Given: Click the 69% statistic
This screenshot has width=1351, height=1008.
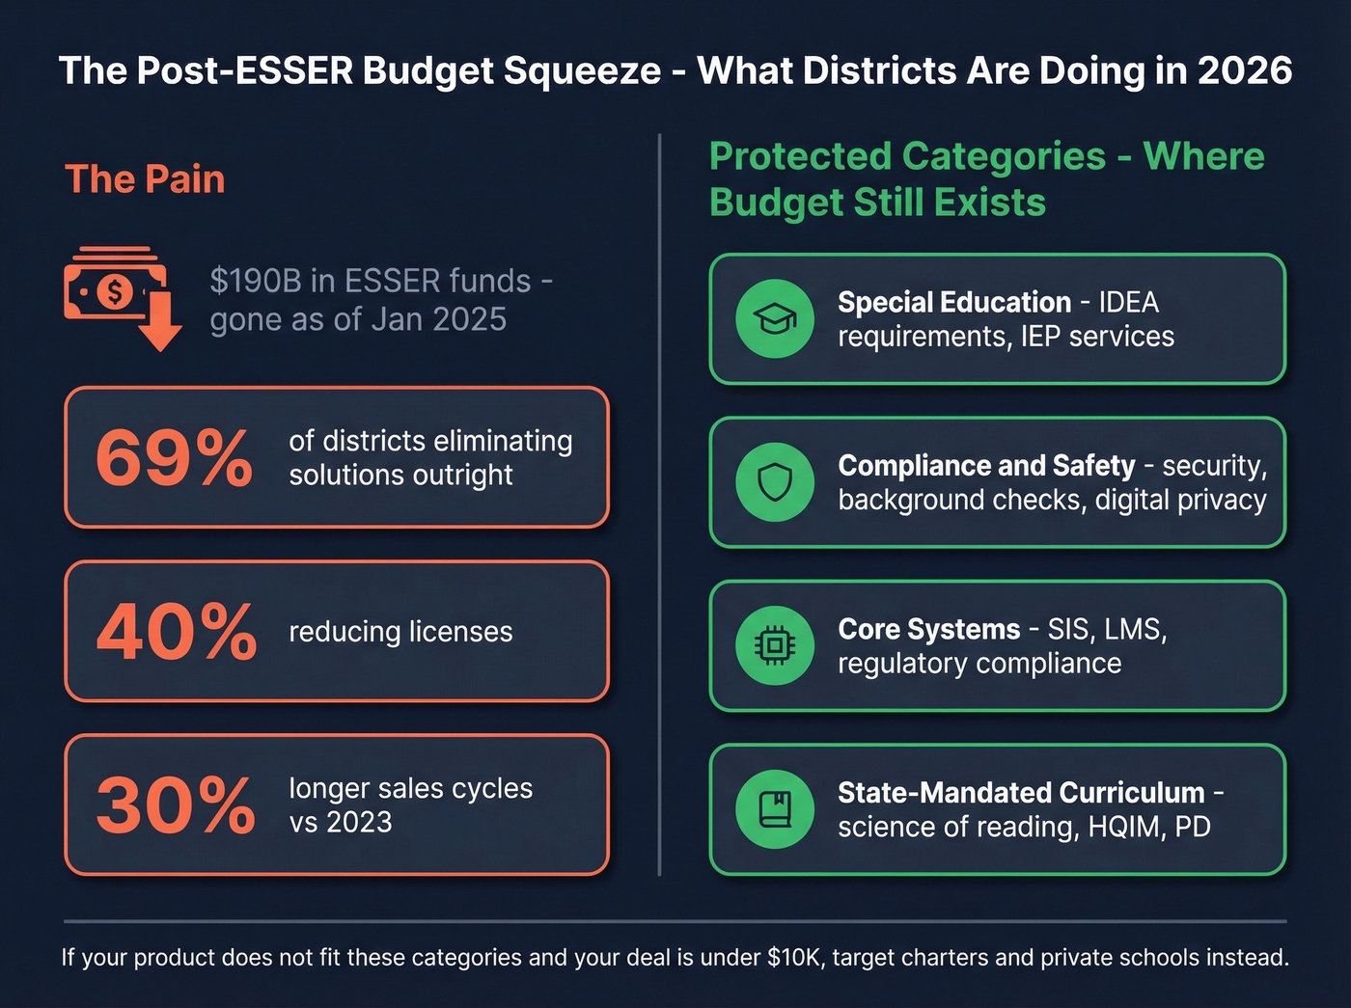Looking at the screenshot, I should (x=175, y=457).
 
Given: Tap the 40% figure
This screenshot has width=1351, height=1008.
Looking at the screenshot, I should (x=177, y=632).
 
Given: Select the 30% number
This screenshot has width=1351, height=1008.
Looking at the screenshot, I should (x=176, y=805).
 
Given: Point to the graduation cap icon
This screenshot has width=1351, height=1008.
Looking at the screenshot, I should (x=774, y=319).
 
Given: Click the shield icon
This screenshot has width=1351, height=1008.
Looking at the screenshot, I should (x=774, y=482).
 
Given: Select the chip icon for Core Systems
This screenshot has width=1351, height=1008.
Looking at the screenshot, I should (x=774, y=646).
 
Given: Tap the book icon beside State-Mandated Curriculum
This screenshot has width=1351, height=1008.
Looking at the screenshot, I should (x=774, y=809).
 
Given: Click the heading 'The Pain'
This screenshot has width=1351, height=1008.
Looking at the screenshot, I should (x=145, y=179).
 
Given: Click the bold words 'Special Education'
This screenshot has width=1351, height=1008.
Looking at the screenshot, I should (x=953, y=302).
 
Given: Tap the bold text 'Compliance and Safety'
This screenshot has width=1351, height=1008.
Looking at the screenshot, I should (x=986, y=465).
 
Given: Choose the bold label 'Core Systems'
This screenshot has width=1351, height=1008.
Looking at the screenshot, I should (x=928, y=629).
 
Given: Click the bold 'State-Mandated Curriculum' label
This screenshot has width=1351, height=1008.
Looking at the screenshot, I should (x=1021, y=792).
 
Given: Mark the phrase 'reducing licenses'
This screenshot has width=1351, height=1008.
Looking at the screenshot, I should (x=400, y=632).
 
